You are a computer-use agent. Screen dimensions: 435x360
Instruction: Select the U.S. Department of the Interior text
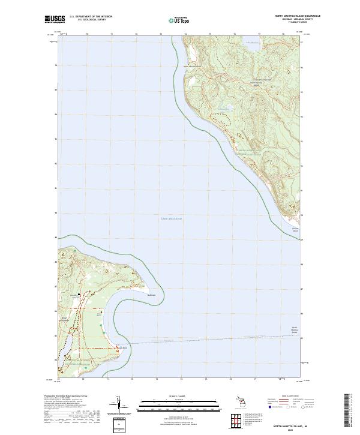(91, 16)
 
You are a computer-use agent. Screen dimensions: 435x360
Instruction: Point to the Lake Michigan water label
(171, 218)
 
